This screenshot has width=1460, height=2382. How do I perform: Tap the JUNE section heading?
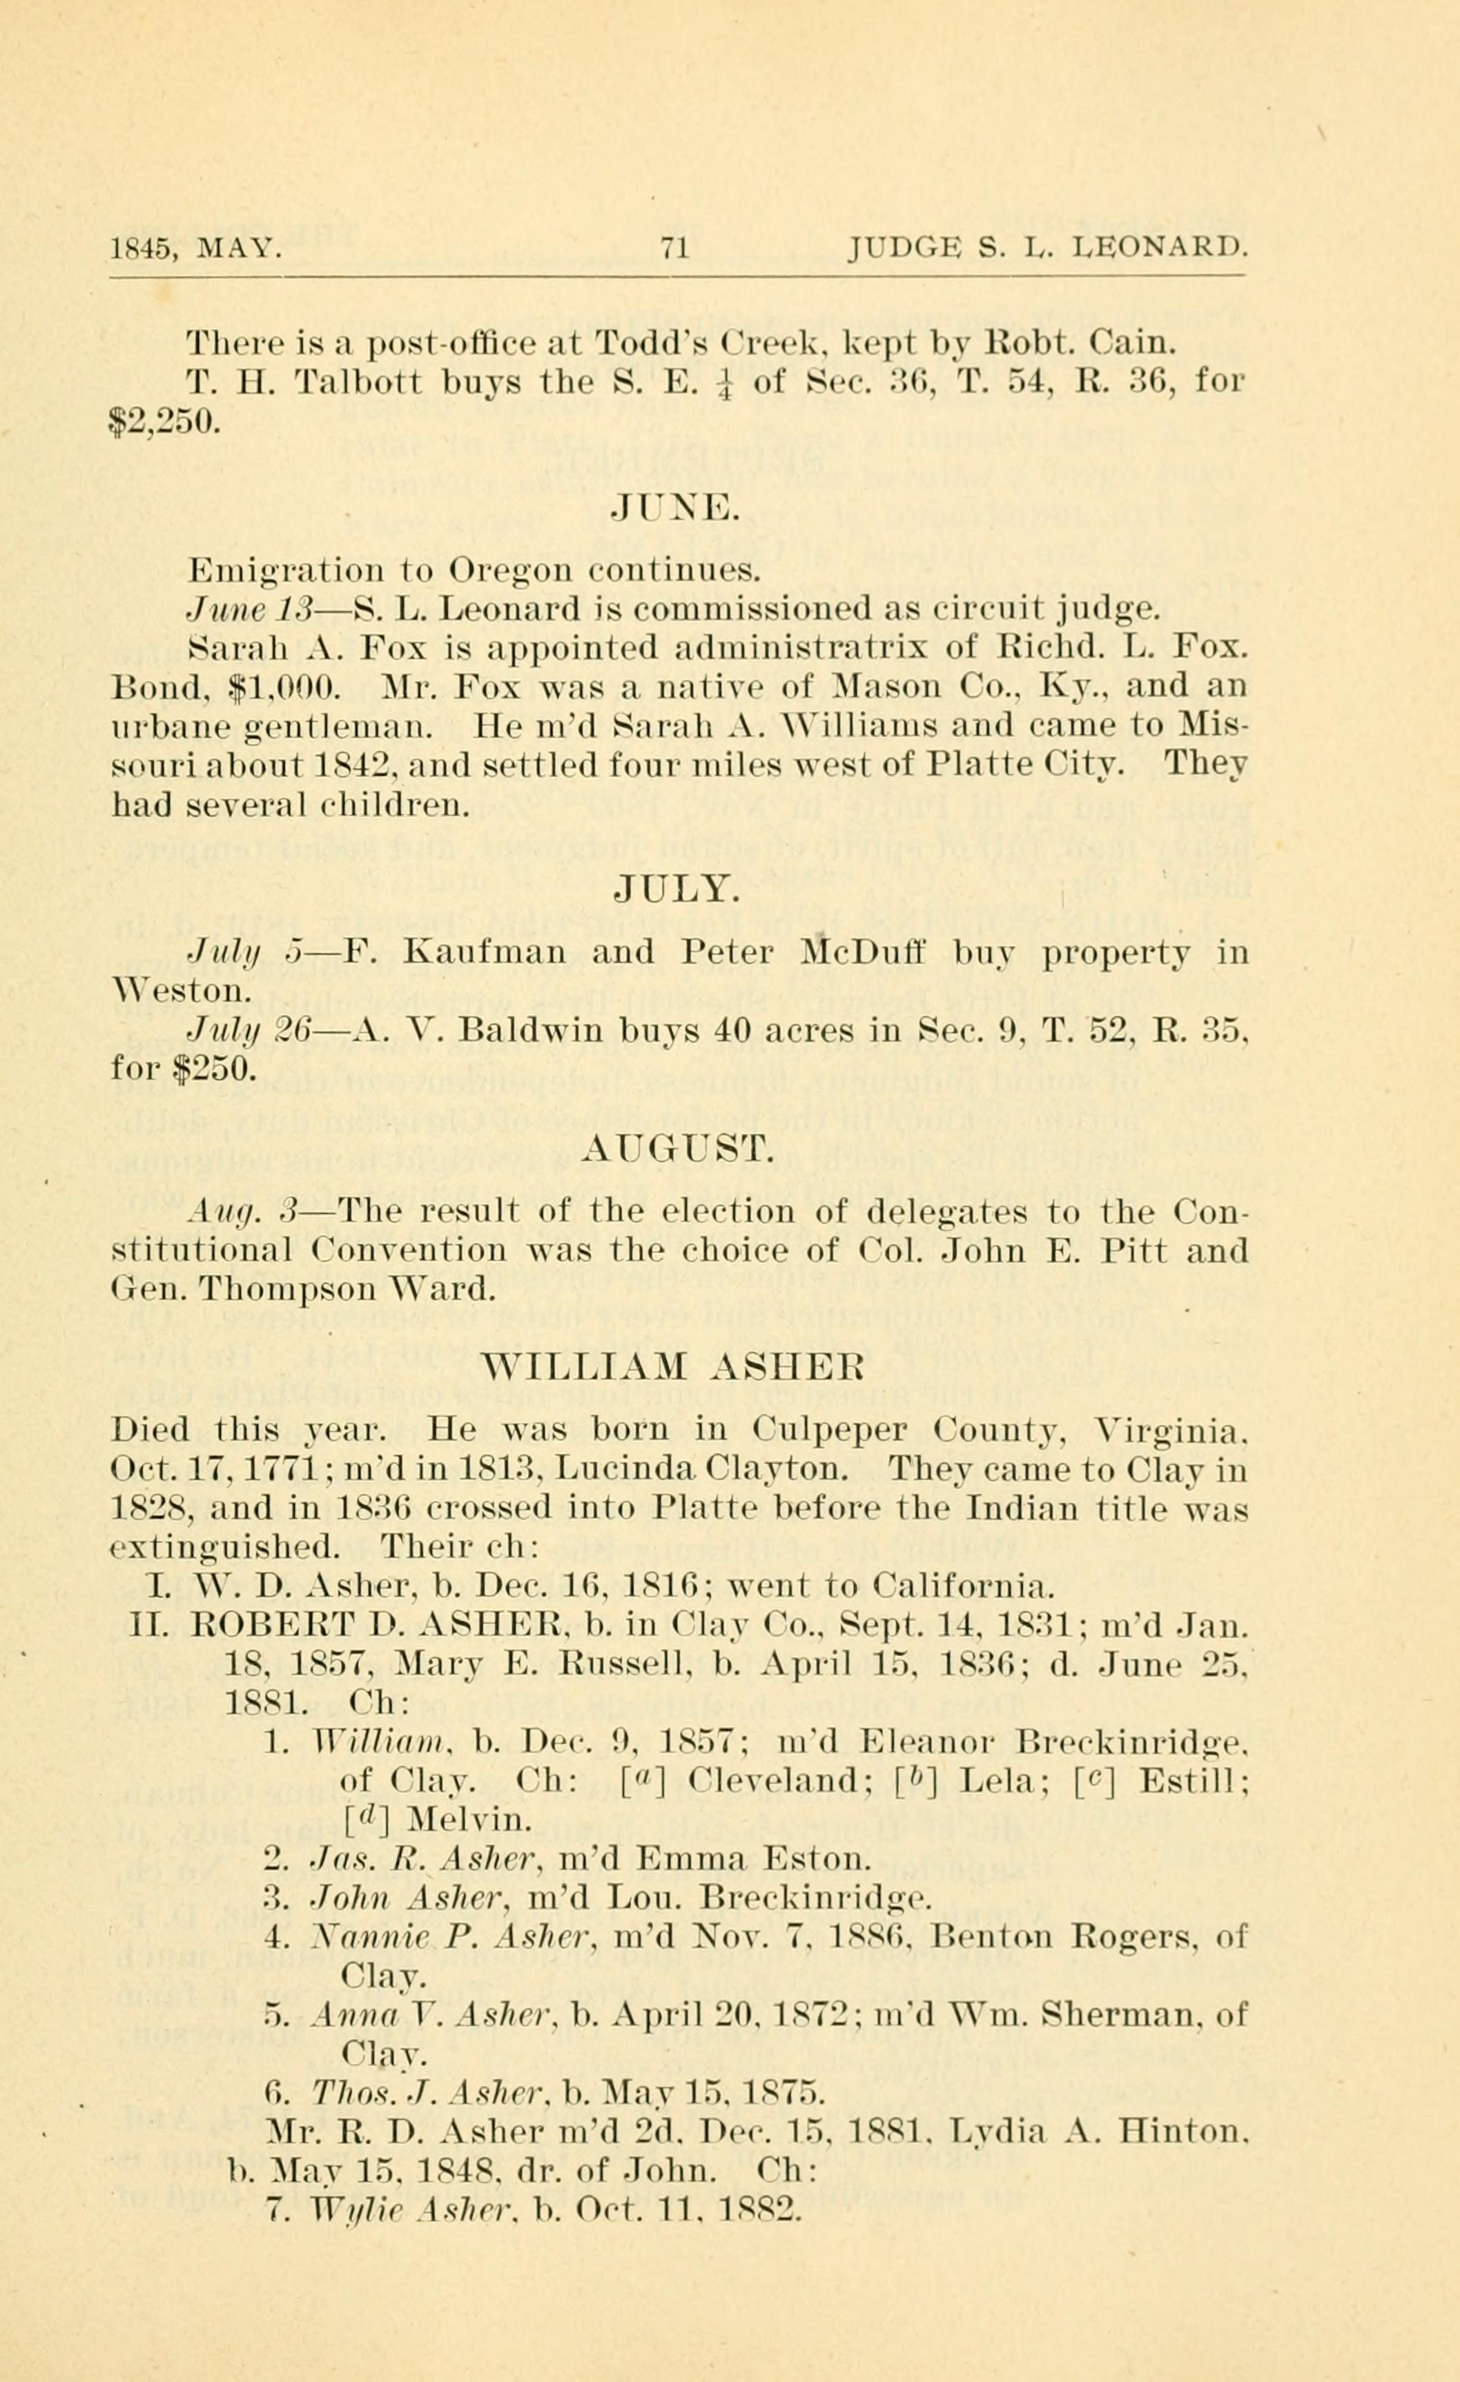(676, 506)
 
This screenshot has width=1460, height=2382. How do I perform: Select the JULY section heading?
(677, 888)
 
